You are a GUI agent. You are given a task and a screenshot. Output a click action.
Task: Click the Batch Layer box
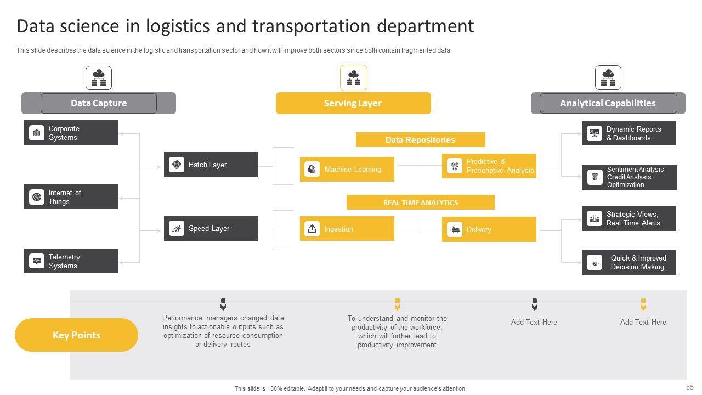(211, 165)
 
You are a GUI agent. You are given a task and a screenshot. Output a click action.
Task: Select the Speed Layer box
(211, 229)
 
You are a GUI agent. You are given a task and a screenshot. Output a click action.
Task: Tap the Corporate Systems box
(71, 133)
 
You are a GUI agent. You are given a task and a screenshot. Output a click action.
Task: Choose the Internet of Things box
(71, 197)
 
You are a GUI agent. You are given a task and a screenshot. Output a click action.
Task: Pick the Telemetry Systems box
(71, 261)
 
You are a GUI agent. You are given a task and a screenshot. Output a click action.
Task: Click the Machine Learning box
(347, 169)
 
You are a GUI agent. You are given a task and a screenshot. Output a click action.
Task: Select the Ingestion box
(347, 229)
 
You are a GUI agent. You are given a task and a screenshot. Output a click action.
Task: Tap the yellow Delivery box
(489, 229)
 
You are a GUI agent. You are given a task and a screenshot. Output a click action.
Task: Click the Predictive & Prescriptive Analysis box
(489, 166)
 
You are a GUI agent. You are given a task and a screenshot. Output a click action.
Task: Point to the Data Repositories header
(420, 140)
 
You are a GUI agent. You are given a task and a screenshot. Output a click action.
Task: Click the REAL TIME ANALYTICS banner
(420, 202)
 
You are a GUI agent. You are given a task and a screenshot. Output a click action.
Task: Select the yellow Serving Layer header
(353, 103)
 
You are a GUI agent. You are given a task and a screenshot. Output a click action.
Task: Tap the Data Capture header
(99, 103)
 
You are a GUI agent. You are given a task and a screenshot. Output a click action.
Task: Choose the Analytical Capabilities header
(608, 103)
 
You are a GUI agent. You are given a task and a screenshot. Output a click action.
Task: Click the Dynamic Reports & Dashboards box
(629, 133)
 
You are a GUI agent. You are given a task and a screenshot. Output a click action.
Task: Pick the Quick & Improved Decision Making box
(629, 262)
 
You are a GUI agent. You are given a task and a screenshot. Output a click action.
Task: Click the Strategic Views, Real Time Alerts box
(629, 218)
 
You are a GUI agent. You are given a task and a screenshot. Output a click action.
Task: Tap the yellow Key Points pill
(76, 335)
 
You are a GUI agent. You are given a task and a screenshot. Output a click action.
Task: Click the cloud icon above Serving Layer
(353, 78)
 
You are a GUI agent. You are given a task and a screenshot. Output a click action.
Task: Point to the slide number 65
(690, 387)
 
